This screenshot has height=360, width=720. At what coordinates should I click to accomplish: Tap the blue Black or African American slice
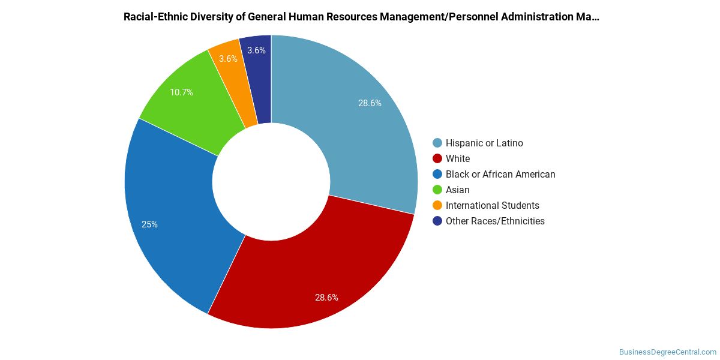point(173,218)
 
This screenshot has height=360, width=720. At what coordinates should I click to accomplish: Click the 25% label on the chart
point(150,224)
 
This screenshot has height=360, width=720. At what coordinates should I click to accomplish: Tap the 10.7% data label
point(182,92)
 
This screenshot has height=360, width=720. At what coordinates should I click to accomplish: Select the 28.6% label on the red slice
point(326,298)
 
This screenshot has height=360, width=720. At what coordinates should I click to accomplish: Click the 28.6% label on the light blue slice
point(370,103)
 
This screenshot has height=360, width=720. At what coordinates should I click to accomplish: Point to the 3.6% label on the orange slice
point(228,59)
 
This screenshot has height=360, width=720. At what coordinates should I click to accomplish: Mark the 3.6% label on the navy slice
point(257,50)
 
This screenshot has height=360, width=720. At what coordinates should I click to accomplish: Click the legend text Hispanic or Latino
point(484,143)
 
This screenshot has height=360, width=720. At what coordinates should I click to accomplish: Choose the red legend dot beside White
point(437,158)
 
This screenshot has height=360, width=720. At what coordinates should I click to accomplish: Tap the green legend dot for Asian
point(437,190)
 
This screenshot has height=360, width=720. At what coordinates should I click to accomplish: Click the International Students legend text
point(493,205)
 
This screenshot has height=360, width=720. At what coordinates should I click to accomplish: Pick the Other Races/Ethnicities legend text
point(496,221)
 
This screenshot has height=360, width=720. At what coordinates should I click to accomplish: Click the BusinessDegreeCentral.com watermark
point(668,352)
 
